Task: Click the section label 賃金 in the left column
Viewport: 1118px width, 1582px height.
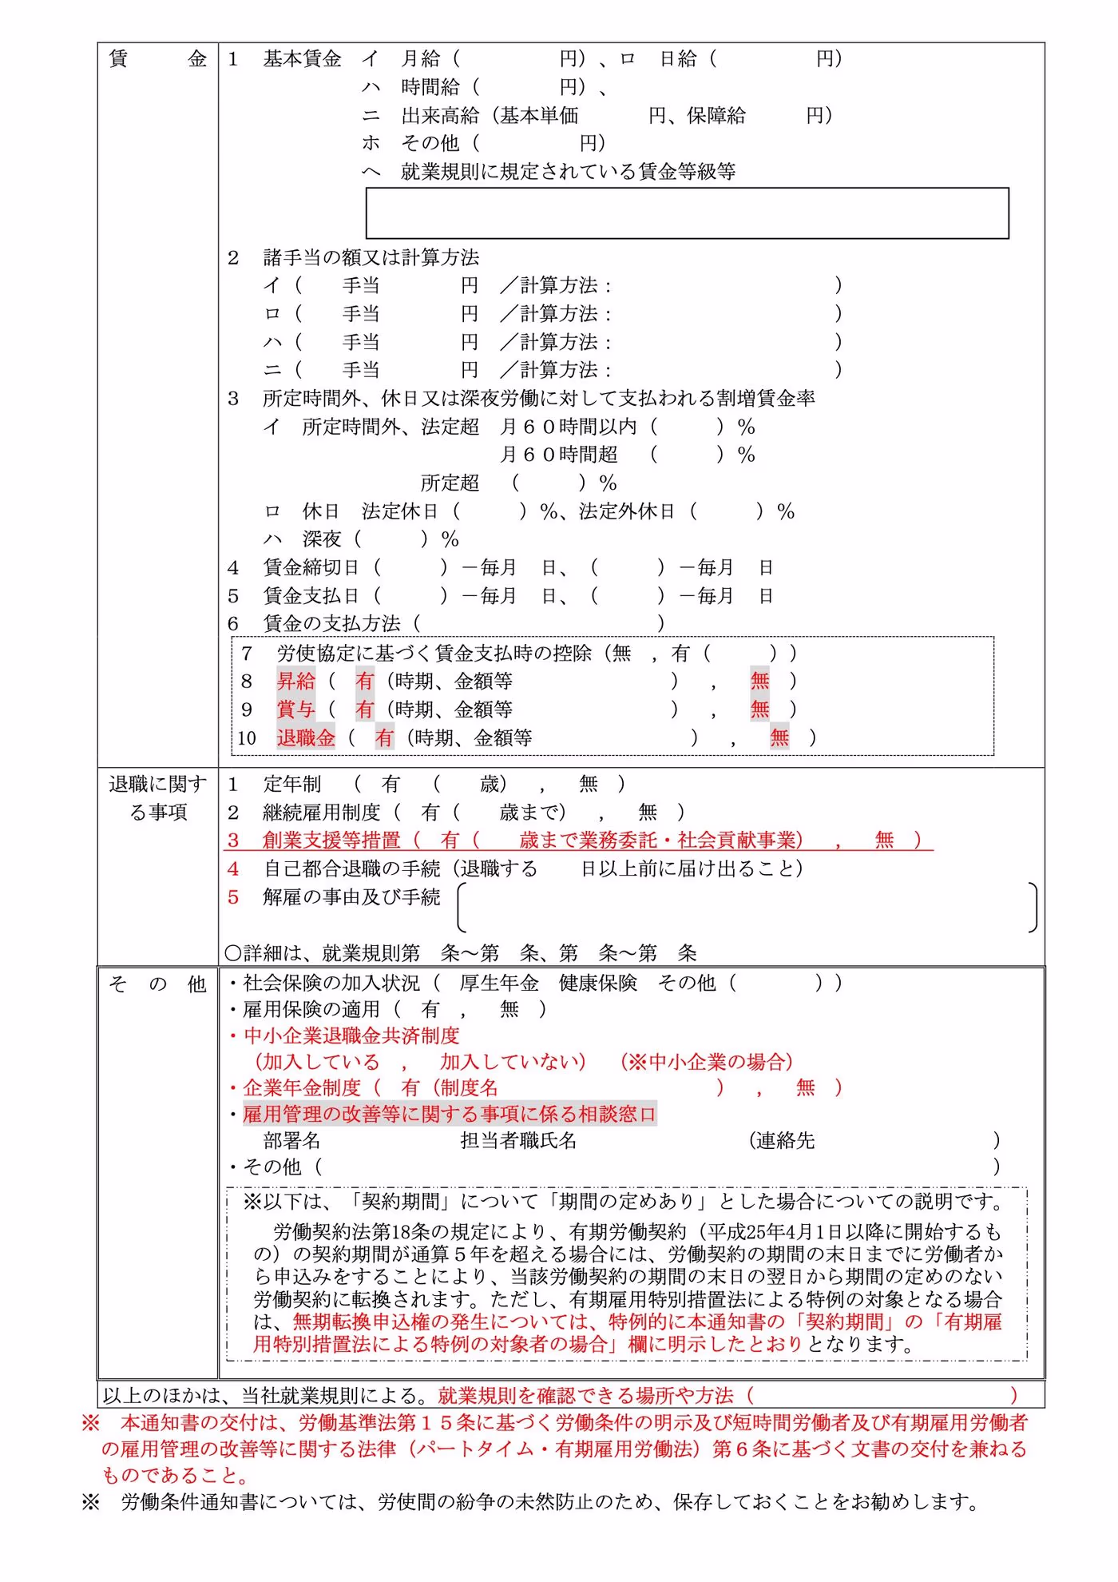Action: click(157, 59)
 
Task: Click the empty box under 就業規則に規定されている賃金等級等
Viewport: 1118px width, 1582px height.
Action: click(687, 213)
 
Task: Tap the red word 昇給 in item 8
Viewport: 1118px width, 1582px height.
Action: click(296, 682)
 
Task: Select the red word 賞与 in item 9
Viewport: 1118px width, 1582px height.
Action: click(296, 710)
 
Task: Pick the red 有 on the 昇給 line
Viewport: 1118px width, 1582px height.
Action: click(365, 682)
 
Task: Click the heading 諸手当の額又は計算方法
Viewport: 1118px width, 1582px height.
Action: click(371, 258)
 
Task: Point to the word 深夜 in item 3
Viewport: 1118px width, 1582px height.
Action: click(322, 540)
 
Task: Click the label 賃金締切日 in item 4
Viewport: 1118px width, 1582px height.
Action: click(311, 568)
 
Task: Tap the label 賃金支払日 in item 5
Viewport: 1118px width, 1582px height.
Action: click(311, 596)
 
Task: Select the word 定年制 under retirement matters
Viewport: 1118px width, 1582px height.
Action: click(292, 785)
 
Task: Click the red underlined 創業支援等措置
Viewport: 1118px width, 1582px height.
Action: click(331, 841)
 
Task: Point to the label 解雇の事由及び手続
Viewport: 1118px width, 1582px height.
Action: click(351, 897)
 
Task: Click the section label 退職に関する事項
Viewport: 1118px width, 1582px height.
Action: click(157, 798)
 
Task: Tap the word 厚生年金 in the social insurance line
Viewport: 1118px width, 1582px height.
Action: click(499, 983)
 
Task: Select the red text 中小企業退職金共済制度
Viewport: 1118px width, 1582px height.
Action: click(351, 1036)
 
